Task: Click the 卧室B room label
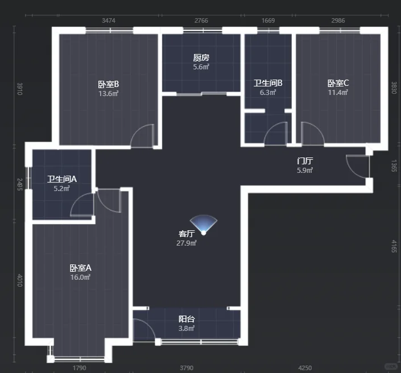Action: click(109, 84)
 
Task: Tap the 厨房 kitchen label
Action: click(201, 58)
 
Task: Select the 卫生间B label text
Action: click(268, 83)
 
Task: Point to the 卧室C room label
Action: click(338, 83)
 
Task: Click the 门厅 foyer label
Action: click(305, 161)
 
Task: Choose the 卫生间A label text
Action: click(62, 179)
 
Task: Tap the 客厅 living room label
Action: click(187, 234)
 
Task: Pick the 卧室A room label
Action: click(81, 268)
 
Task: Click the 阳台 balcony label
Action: click(187, 319)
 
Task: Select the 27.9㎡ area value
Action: click(187, 243)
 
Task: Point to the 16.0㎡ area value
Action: click(80, 277)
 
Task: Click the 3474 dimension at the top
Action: click(109, 20)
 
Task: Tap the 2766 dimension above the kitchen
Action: click(201, 20)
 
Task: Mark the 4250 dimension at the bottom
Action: click(305, 368)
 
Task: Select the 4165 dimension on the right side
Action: click(394, 246)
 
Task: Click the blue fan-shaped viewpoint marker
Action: click(204, 225)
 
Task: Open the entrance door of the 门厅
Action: click(358, 166)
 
